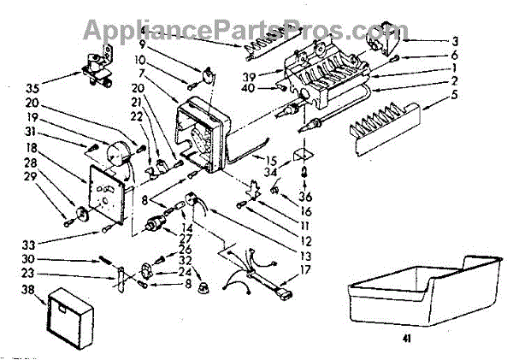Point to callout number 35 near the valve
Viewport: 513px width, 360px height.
(33, 87)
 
